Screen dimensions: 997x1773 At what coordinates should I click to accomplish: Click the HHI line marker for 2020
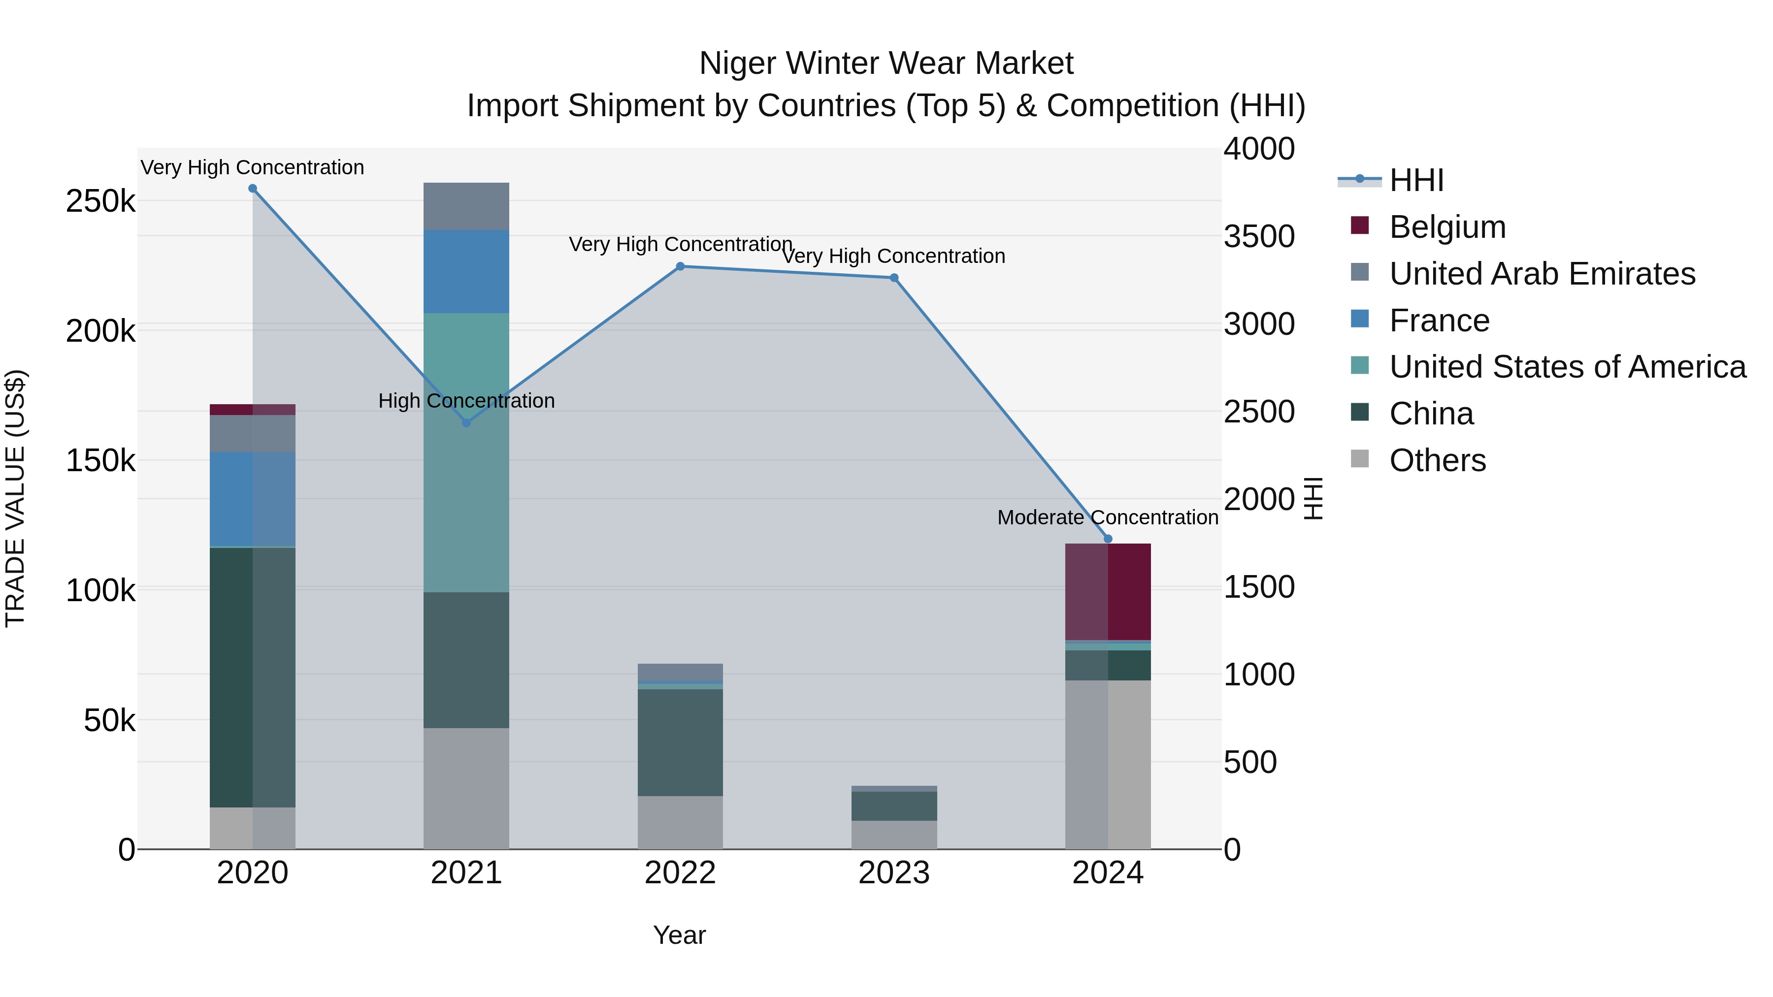[x=253, y=189]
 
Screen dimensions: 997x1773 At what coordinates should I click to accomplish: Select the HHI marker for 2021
[x=467, y=422]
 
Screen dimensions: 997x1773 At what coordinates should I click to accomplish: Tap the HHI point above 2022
[x=680, y=266]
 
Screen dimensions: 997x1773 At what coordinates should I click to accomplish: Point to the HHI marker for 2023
[x=894, y=278]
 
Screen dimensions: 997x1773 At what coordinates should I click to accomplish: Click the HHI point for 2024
[x=1108, y=539]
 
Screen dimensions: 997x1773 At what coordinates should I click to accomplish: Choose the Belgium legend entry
[x=1447, y=227]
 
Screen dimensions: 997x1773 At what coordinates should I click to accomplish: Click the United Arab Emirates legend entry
[x=1542, y=274]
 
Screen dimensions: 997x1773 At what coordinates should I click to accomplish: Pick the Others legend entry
[x=1437, y=460]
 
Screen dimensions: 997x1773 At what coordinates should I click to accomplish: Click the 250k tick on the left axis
[x=100, y=201]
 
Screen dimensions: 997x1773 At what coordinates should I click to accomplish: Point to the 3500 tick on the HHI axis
[x=1259, y=236]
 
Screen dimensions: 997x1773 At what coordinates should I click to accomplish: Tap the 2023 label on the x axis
[x=894, y=873]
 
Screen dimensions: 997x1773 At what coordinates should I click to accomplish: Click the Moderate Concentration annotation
[x=1108, y=517]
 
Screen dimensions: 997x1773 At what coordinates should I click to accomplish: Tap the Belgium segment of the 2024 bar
[x=1108, y=592]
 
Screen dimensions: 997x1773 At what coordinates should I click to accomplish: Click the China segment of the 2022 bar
[x=680, y=743]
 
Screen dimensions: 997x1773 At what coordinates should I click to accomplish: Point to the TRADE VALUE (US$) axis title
[x=15, y=498]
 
